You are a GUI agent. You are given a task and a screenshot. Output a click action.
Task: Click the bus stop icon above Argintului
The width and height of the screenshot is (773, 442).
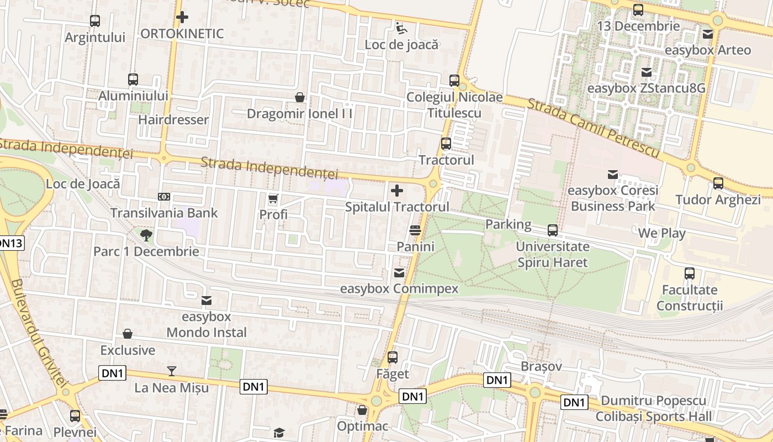tap(95, 21)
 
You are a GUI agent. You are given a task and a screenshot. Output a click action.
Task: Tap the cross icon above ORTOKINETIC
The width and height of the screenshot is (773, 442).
tap(182, 17)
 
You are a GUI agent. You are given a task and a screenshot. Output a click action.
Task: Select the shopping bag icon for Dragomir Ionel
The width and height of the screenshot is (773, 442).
tap(300, 98)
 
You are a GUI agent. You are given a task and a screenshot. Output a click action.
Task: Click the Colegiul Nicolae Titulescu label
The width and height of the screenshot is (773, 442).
tap(454, 105)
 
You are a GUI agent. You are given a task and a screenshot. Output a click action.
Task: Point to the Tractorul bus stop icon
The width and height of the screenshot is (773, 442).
tap(446, 144)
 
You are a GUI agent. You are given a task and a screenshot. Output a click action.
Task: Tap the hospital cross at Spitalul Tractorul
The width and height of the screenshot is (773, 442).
tap(396, 191)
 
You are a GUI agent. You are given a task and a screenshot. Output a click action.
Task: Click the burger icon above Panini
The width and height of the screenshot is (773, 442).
tap(416, 230)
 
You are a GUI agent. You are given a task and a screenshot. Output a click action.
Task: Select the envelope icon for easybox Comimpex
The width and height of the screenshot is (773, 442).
tap(399, 273)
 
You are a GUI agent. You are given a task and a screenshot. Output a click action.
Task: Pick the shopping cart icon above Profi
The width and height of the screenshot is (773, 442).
tap(273, 198)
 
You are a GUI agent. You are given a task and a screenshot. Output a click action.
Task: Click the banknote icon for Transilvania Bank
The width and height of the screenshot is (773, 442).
tap(164, 197)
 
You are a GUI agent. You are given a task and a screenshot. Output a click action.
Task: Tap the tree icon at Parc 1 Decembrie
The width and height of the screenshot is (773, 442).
tap(146, 236)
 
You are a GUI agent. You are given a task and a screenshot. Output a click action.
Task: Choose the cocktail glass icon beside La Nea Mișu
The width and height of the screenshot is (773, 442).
tap(172, 371)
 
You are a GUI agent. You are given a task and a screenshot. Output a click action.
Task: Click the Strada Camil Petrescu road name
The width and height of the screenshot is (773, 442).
tap(594, 128)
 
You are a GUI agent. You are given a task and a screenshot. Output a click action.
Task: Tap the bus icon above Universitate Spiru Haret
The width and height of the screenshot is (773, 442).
tap(553, 230)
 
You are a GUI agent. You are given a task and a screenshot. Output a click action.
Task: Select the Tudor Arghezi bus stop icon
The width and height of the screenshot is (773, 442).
tap(718, 183)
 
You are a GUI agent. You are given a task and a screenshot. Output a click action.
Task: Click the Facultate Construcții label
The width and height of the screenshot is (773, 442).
tap(690, 298)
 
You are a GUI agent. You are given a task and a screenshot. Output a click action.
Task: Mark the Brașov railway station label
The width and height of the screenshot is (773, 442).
tap(541, 366)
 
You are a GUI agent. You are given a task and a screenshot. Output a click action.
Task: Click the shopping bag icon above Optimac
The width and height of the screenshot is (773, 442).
tap(362, 411)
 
